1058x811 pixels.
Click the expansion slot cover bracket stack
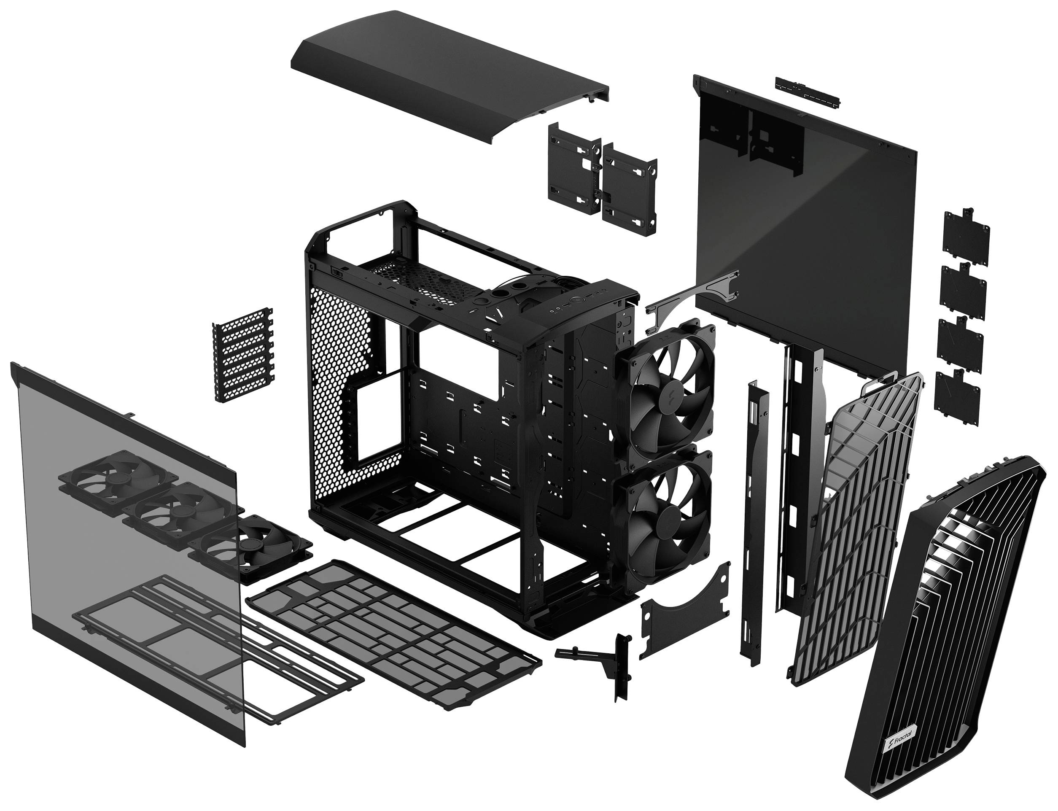[x=243, y=355]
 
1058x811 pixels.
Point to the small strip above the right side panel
[x=807, y=91]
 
